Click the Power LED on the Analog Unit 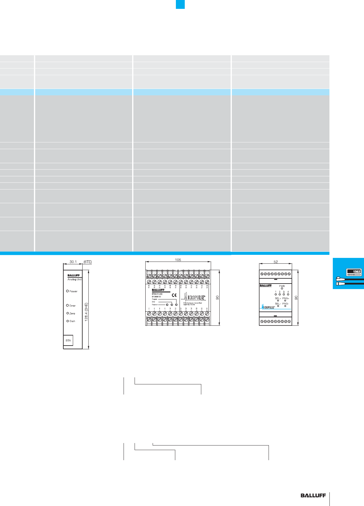tap(68, 291)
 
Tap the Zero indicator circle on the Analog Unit tap(68, 313)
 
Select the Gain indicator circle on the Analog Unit tap(68, 321)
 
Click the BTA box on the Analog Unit tap(68, 340)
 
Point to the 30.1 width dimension tap(73, 262)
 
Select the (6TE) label tap(87, 262)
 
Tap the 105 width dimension tap(178, 260)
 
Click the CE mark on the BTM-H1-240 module tap(174, 295)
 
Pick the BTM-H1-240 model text tap(157, 294)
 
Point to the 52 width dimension tap(276, 262)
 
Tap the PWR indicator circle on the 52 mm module tap(282, 288)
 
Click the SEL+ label tap(278, 298)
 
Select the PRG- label tap(285, 304)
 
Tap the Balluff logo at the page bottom tap(313, 496)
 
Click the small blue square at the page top tap(180, 4)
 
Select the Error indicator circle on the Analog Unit tap(68, 305)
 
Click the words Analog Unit tap(75, 280)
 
